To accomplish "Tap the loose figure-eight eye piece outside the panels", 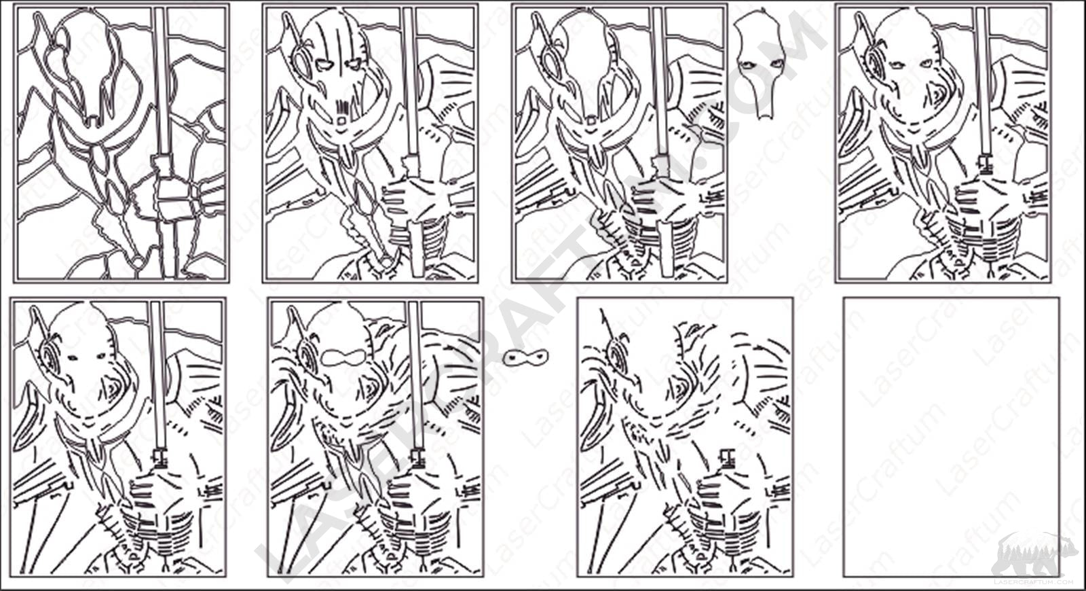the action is click(525, 357).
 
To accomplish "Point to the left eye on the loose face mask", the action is click(745, 64).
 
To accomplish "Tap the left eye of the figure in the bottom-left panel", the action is click(73, 358).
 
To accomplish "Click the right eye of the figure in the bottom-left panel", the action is click(102, 357).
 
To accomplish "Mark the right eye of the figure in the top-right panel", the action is click(927, 63).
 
